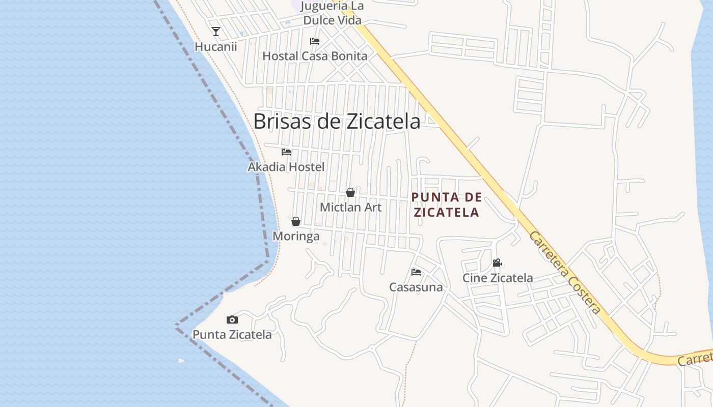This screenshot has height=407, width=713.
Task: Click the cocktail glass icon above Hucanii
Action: point(216,32)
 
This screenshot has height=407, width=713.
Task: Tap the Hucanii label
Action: point(216,47)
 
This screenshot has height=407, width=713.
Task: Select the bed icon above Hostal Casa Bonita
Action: point(315,41)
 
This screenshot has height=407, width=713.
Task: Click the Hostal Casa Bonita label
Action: point(315,56)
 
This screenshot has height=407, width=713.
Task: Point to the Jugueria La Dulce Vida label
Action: point(333,14)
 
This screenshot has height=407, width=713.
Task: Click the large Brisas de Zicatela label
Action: point(337,122)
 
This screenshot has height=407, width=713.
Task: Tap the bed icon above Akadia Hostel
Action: point(286,152)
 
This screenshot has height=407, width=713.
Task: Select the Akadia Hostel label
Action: point(286,167)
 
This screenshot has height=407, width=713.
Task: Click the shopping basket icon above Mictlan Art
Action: point(350,192)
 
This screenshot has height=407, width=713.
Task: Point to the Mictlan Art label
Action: point(350,207)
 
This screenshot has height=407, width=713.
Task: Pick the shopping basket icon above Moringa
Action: point(296,221)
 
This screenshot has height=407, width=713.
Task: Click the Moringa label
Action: point(296,237)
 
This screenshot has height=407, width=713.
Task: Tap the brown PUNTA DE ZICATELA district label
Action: point(447,205)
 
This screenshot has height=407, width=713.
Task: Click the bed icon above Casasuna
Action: point(416,272)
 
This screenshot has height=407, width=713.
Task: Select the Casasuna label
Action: point(416,287)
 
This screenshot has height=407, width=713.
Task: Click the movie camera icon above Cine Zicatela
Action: point(498,263)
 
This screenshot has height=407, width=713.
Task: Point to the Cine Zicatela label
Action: point(498,278)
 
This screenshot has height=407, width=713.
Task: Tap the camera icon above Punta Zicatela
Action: point(232,319)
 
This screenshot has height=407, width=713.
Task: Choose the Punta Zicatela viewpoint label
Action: point(232,335)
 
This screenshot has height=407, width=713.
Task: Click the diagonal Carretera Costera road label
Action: point(565,273)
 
